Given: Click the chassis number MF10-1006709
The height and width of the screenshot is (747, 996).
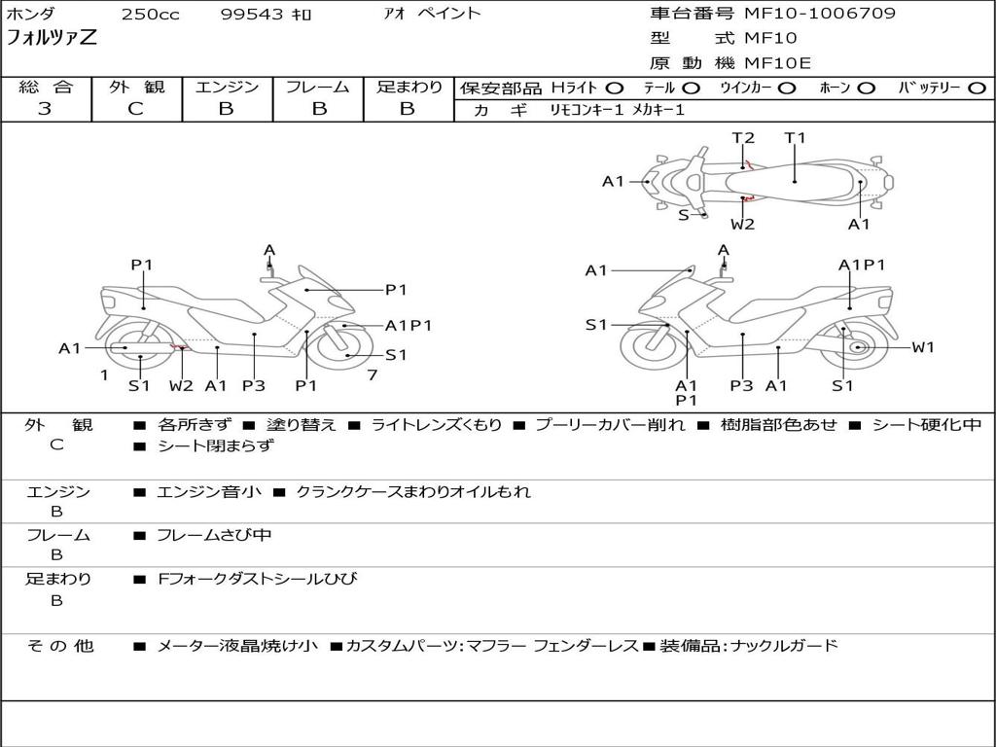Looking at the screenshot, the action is pos(820,14).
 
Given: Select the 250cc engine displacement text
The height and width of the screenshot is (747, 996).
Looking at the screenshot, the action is pos(150,15).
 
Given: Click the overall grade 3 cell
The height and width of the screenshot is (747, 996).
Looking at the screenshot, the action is pos(45,109).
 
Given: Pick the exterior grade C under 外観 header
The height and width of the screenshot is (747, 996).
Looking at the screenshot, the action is pos(135,109).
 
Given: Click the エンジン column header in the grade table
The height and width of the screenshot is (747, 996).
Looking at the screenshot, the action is pos(227,88).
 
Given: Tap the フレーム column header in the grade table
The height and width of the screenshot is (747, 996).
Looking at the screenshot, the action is pos(318,88).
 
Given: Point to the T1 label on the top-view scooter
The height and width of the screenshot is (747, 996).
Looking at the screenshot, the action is pos(796,138).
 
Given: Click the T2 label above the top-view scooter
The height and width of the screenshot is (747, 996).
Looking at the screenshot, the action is pos(743,138).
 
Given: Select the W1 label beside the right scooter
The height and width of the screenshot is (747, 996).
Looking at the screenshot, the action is pos(922,347).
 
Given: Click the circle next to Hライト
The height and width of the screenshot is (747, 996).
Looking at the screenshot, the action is pos(615,89).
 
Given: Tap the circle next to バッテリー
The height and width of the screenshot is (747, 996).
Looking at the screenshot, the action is pos(977,89).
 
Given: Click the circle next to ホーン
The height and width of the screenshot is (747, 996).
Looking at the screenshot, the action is pos(867,89).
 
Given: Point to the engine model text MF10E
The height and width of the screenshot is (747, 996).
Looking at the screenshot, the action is pos(777,63).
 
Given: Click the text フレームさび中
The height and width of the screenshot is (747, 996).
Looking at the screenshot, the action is pos(214,536).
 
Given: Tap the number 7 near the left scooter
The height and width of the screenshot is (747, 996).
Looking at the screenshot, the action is pos(373,374).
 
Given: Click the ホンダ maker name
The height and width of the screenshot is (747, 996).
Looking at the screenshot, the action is pos(31,15).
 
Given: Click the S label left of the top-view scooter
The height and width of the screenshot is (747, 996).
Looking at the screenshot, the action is pos(684,215).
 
